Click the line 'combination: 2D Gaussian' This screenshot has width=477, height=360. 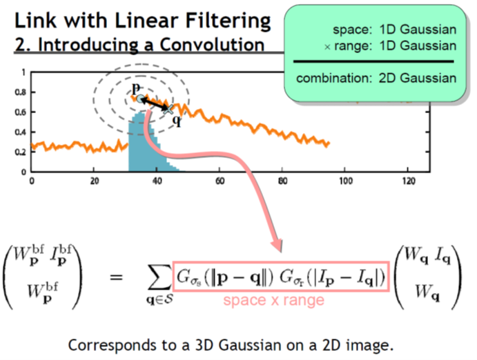pos(376,77)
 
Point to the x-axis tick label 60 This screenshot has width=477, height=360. pos(220,181)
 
